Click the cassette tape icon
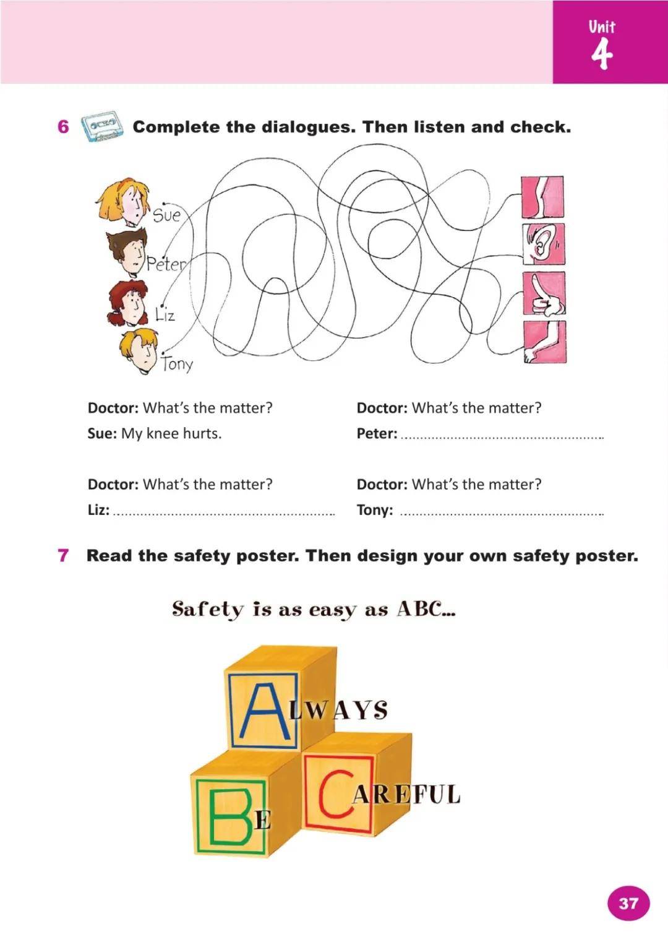[x=101, y=127]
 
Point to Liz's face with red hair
[x=129, y=303]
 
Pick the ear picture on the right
[x=543, y=244]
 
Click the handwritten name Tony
[x=178, y=363]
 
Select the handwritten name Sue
[x=166, y=215]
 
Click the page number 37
[x=628, y=903]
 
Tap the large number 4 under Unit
[x=601, y=54]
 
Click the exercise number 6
[x=63, y=127]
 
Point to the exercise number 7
[x=63, y=555]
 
